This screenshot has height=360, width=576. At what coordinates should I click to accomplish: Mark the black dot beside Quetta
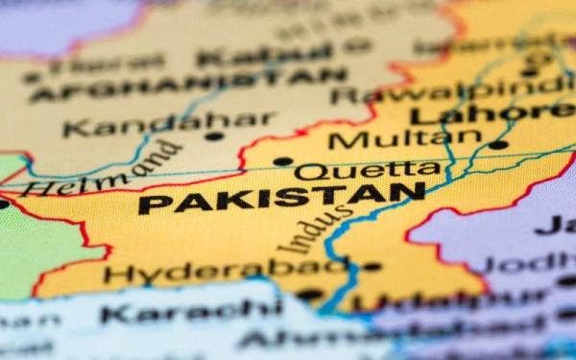[x=281, y=161]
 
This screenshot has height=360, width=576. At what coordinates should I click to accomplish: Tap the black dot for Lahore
[x=497, y=145]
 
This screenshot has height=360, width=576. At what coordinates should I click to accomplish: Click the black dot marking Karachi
[x=309, y=296]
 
